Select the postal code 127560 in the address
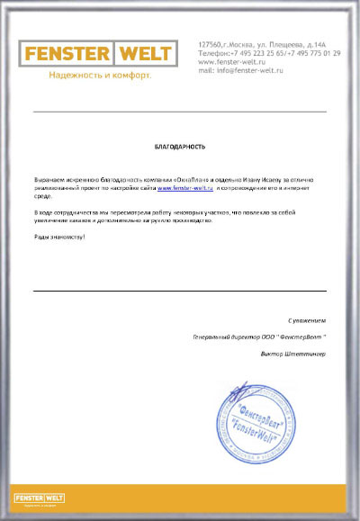[209, 44]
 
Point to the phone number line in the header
[268, 52]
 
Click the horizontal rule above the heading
[180, 112]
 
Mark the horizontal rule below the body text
[180, 291]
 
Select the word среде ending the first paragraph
[42, 197]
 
